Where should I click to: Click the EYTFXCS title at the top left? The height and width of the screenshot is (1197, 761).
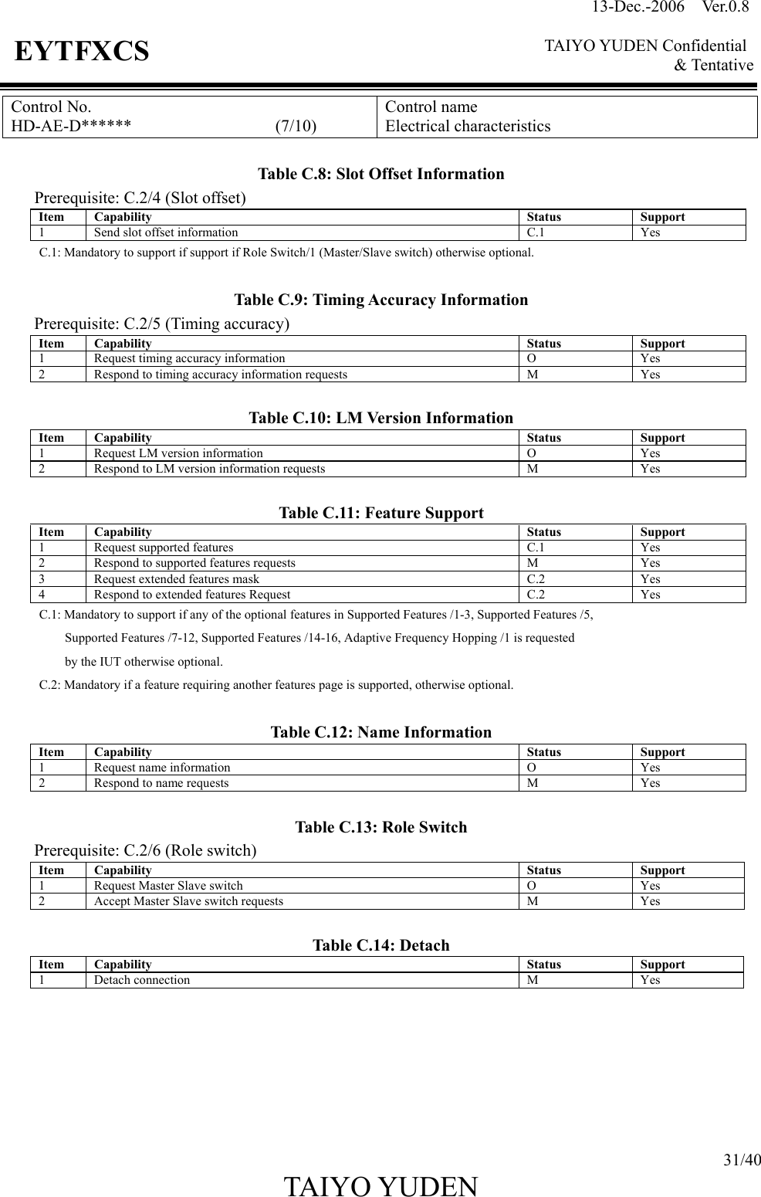coord(82,52)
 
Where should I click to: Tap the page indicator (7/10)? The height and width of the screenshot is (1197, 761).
coord(296,126)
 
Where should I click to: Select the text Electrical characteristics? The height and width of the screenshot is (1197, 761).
coord(468,126)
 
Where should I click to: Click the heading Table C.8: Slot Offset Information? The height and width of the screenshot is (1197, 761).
coord(380,174)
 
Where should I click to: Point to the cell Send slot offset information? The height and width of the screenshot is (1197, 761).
coord(166,232)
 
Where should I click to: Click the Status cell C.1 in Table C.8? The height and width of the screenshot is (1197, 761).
coord(536,232)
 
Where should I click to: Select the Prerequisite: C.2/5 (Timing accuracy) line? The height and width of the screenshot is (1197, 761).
coord(162,324)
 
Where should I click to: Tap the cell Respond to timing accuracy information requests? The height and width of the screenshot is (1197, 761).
coord(220,375)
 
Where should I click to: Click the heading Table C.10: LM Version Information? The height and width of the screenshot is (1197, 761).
coord(380,419)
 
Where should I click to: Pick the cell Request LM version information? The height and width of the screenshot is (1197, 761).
coord(178,453)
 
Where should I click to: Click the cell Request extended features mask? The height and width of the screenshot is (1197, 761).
coord(177,579)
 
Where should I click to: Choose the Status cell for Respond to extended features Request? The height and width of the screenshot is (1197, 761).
coord(536,595)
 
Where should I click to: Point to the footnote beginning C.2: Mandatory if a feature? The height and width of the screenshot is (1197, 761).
coord(276,685)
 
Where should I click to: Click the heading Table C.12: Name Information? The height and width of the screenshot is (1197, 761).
coord(380,732)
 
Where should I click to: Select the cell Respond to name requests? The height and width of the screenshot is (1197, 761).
coord(161,783)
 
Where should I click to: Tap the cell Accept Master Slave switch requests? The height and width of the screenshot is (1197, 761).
coord(188,901)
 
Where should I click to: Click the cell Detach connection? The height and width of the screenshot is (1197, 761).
coord(142,980)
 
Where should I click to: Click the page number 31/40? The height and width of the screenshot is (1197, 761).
coord(741,1160)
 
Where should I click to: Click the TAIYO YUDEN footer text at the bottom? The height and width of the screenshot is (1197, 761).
coord(380,1185)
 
